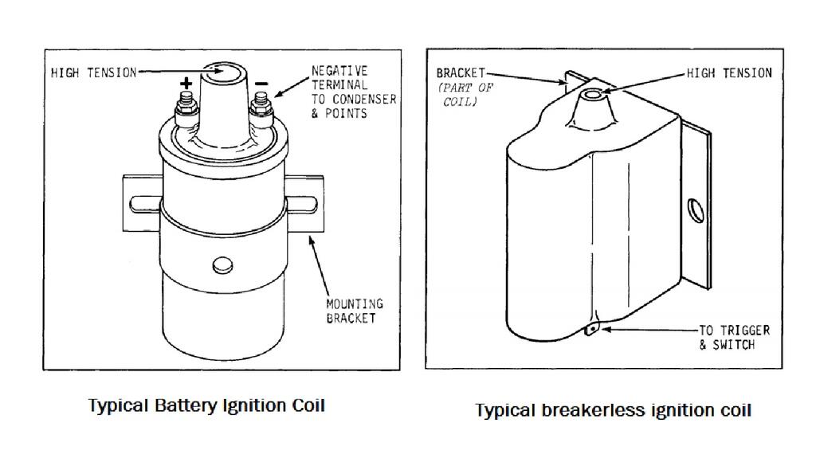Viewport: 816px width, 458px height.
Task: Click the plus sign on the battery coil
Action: (186, 83)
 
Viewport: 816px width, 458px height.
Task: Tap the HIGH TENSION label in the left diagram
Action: (93, 73)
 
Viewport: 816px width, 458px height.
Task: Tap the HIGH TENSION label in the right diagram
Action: (729, 73)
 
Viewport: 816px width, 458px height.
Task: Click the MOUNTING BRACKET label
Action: (354, 311)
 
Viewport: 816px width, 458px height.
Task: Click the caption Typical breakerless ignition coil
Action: (613, 411)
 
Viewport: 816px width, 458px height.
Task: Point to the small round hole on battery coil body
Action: (222, 266)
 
